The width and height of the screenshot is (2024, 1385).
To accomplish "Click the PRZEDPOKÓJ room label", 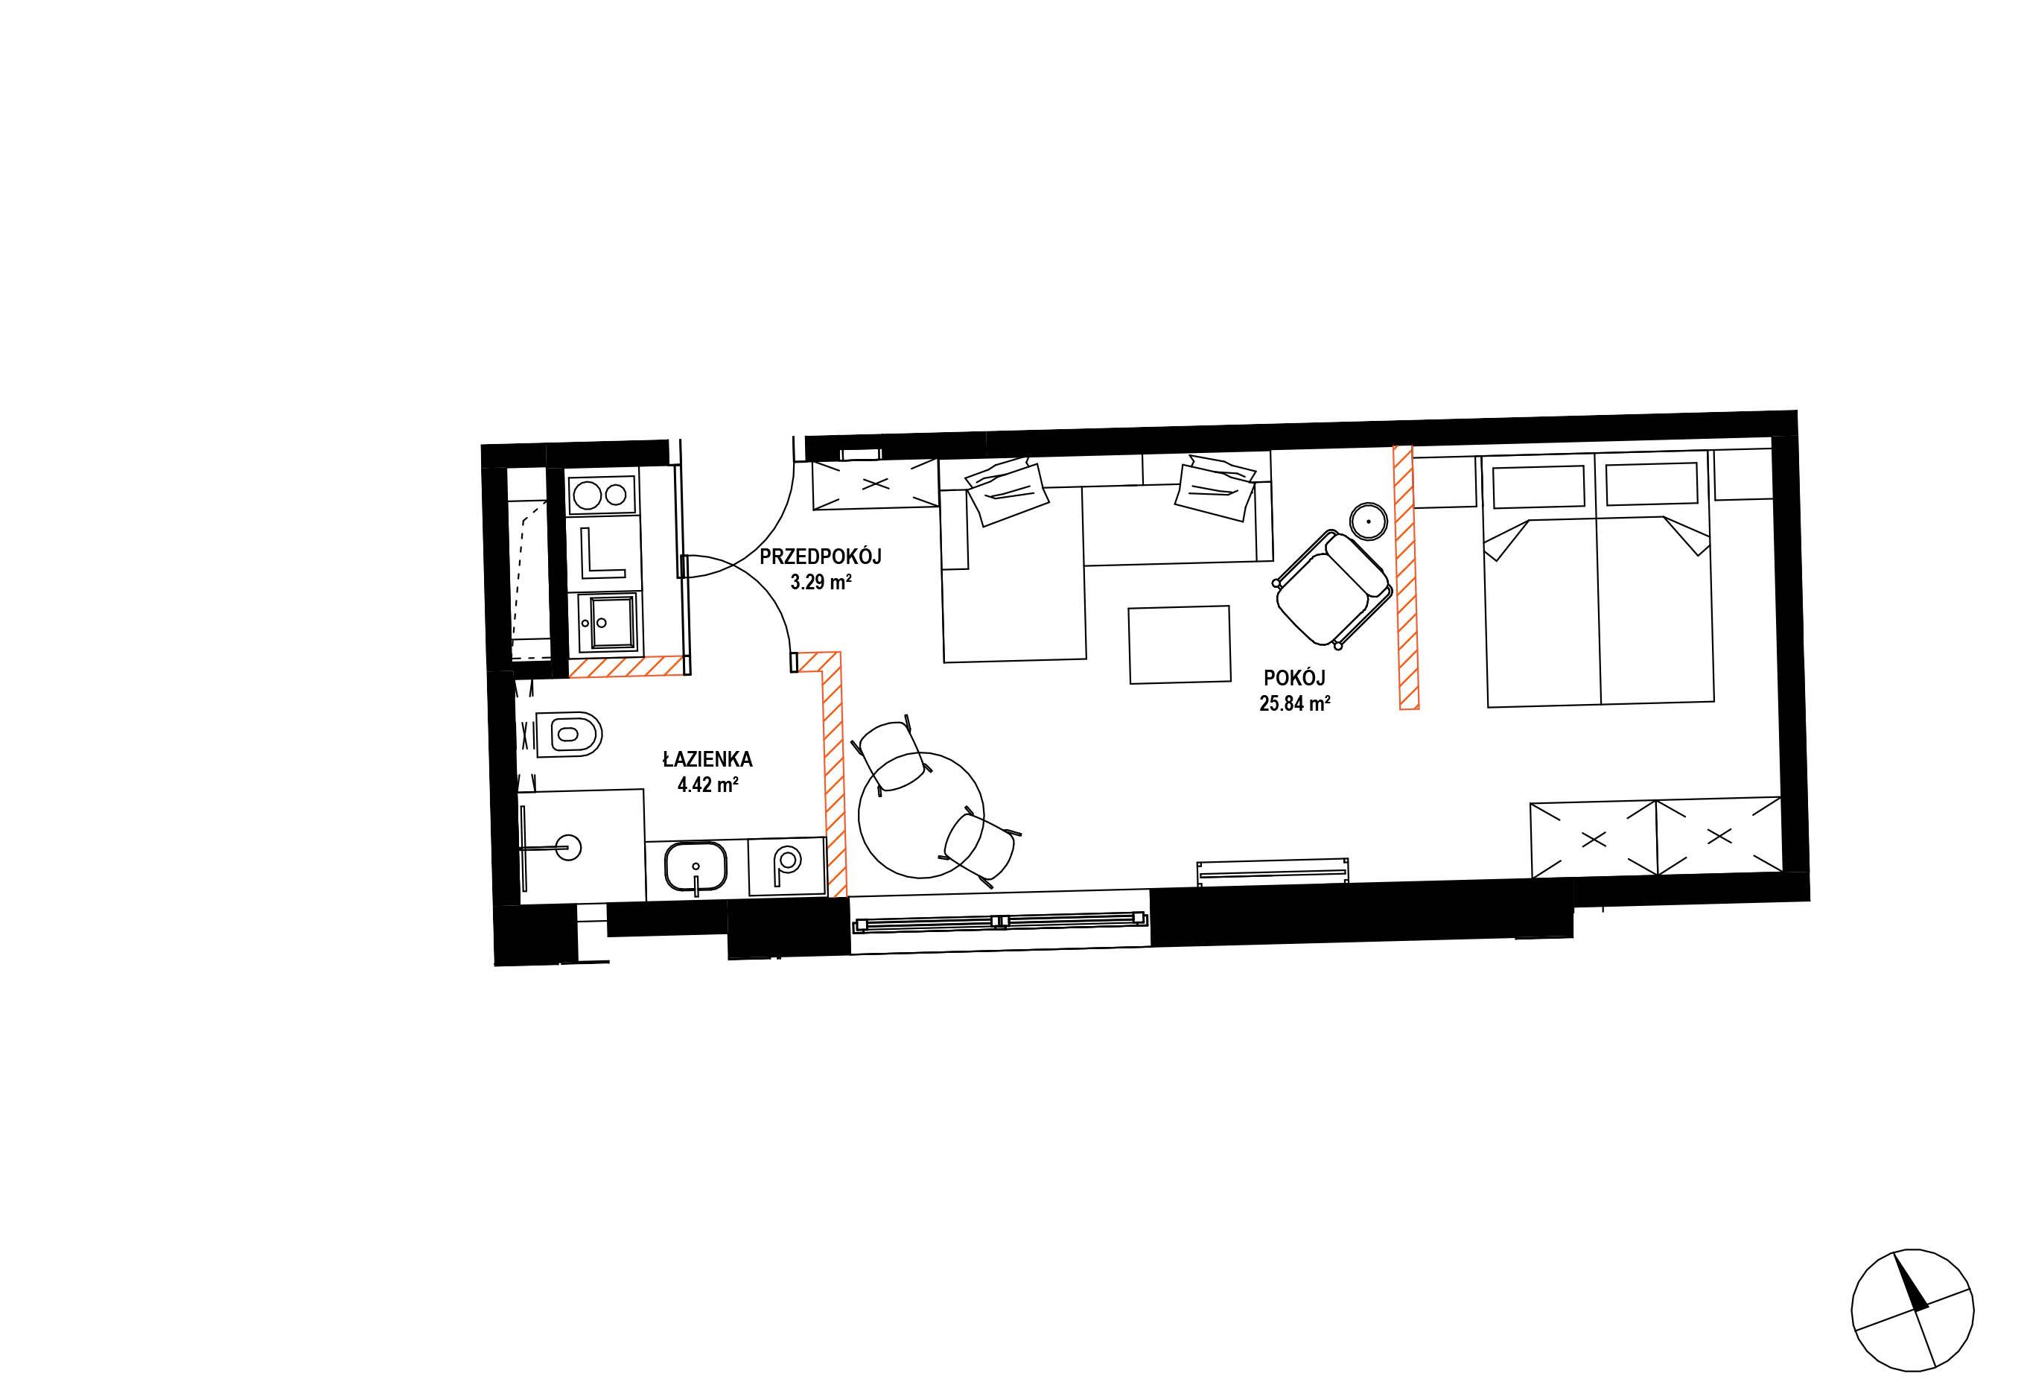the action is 821,557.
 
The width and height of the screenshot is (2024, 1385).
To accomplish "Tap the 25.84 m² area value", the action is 1294,704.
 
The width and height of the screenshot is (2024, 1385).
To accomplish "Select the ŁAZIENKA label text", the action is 707,760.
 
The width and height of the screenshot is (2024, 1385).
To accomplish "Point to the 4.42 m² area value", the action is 708,785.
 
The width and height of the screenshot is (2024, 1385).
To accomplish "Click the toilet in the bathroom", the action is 570,735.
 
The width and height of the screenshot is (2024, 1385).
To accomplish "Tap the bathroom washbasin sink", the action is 696,868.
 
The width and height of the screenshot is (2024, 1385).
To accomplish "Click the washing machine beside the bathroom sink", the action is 786,866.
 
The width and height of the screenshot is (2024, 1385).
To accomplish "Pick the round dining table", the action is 920,815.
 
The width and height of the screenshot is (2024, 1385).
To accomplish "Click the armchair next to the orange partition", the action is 1331,589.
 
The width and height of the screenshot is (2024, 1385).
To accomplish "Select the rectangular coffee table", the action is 1180,644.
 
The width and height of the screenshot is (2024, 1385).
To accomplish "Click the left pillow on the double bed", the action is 1538,486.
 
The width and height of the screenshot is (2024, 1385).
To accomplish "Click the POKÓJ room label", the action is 1294,678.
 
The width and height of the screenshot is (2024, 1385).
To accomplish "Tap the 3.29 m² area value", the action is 821,582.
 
